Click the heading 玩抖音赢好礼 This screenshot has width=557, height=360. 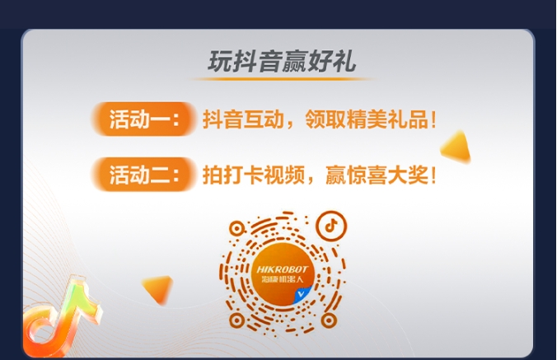pos(282,62)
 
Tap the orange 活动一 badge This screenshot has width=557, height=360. pos(143,119)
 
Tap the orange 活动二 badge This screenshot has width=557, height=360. pos(143,175)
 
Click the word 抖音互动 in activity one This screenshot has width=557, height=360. pos(243,119)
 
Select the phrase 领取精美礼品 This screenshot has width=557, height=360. pos(367,119)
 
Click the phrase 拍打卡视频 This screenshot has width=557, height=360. pos(254,175)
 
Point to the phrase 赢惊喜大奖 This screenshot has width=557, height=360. pos(377,175)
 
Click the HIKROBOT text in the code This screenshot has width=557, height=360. pos(282,269)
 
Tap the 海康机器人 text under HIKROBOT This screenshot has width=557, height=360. pos(283,279)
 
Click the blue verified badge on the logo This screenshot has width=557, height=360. pos(302,294)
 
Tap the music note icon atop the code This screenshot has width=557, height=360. pos(331,225)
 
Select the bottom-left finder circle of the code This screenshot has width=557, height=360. pos(236,320)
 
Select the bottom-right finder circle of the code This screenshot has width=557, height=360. pos(329,320)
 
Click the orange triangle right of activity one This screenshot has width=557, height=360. pos(456,147)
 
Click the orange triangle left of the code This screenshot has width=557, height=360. pos(159,288)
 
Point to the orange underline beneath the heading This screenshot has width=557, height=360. pos(283,79)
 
